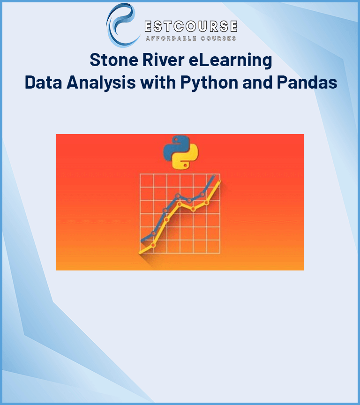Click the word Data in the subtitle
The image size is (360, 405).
(43, 82)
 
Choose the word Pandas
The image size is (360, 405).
(307, 82)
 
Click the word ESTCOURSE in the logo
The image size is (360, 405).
(191, 26)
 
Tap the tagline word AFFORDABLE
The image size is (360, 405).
(171, 39)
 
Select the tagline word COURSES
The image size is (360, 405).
(218, 39)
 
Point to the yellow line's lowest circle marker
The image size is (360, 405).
(153, 245)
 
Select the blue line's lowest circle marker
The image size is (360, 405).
(154, 233)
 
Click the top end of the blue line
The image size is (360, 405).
(214, 175)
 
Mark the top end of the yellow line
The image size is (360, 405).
(219, 181)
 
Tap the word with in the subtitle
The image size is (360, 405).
(158, 82)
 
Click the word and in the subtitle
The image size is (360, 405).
(257, 82)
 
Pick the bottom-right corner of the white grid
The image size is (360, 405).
(220, 253)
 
